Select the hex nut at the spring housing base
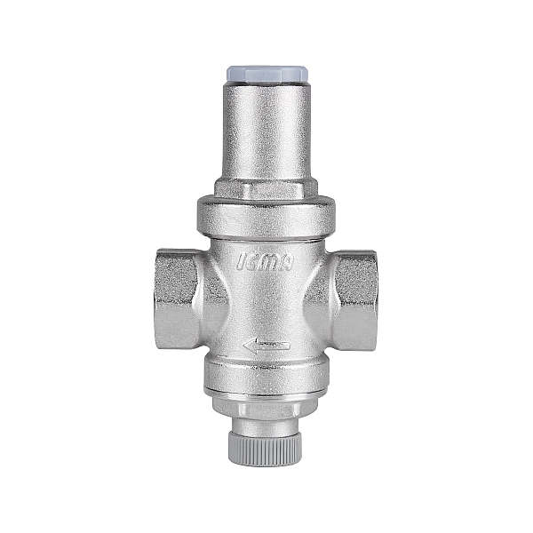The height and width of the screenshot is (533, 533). tap(266, 189)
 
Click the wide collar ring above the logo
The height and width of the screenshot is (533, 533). tap(266, 216)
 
